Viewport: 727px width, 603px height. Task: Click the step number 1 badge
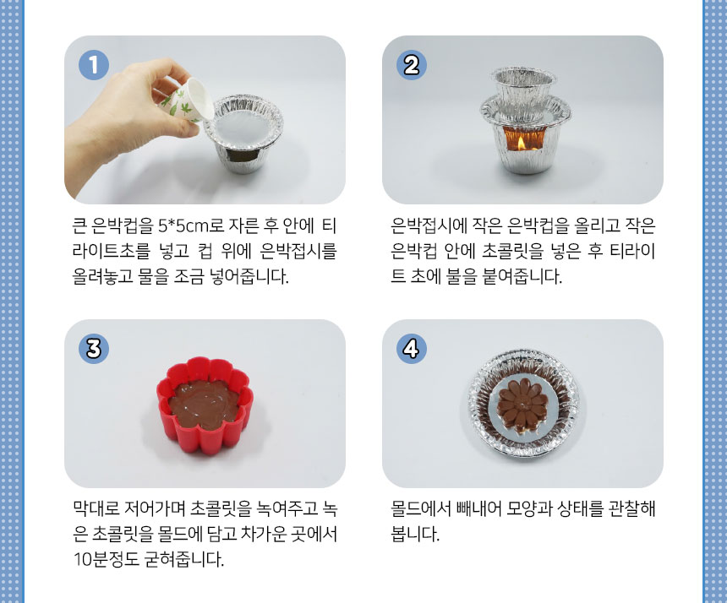tap(94, 65)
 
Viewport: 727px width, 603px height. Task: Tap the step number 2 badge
tap(411, 65)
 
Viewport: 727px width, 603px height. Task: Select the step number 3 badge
tap(94, 348)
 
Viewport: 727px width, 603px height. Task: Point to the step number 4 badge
tap(411, 348)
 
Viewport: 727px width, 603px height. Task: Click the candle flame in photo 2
tap(521, 143)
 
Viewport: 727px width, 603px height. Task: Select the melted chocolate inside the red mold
tap(205, 405)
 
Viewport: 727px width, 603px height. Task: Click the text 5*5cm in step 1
tap(183, 226)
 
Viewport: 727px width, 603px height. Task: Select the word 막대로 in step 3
tap(96, 508)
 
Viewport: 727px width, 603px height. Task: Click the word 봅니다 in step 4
tap(415, 534)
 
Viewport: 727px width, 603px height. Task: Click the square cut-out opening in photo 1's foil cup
tap(243, 155)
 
